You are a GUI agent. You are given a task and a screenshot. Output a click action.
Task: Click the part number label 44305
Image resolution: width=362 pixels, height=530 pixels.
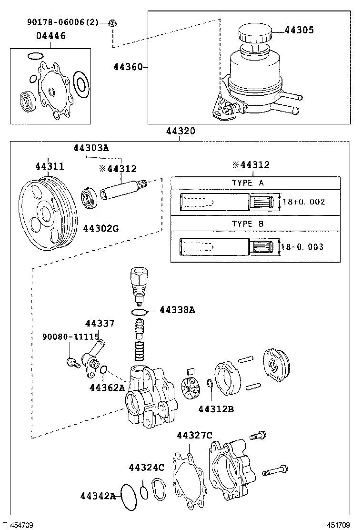click(x=299, y=30)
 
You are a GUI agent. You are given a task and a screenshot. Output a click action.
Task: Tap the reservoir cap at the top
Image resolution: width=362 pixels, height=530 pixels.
click(x=254, y=33)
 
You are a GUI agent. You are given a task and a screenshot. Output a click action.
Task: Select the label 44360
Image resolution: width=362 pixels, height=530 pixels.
click(x=128, y=67)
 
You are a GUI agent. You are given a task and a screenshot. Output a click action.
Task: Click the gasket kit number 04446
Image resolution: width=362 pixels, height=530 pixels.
click(x=51, y=36)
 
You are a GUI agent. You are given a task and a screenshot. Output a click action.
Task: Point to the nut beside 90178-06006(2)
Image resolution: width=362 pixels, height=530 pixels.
click(x=113, y=22)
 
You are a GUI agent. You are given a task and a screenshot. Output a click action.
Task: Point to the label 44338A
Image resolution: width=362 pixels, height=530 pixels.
click(x=177, y=310)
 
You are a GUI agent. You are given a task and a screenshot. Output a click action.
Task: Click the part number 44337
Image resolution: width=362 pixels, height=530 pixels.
click(x=100, y=324)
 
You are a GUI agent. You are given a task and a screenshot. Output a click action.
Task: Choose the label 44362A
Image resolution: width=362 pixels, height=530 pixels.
click(x=107, y=387)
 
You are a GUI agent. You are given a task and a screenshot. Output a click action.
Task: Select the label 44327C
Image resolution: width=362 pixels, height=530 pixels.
click(x=194, y=435)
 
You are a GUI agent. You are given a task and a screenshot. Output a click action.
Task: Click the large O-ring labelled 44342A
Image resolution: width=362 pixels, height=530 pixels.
click(x=129, y=497)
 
